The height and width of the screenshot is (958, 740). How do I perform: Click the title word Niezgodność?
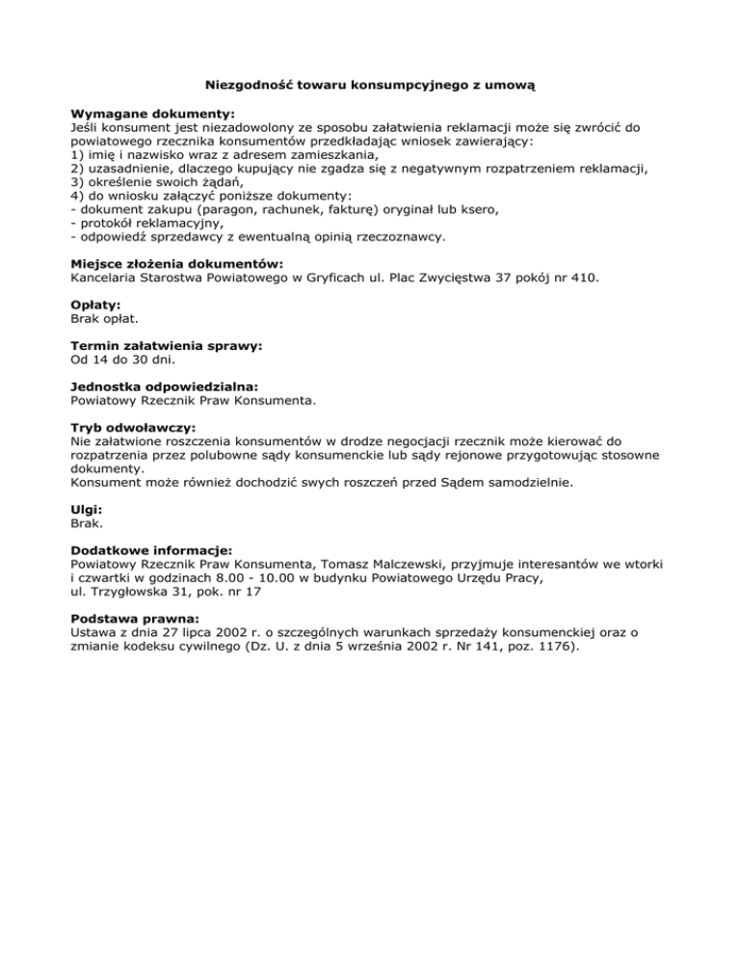[x=247, y=85]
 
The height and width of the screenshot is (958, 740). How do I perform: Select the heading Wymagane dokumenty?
[x=140, y=113]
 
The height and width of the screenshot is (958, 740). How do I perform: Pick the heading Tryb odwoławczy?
[x=133, y=425]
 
